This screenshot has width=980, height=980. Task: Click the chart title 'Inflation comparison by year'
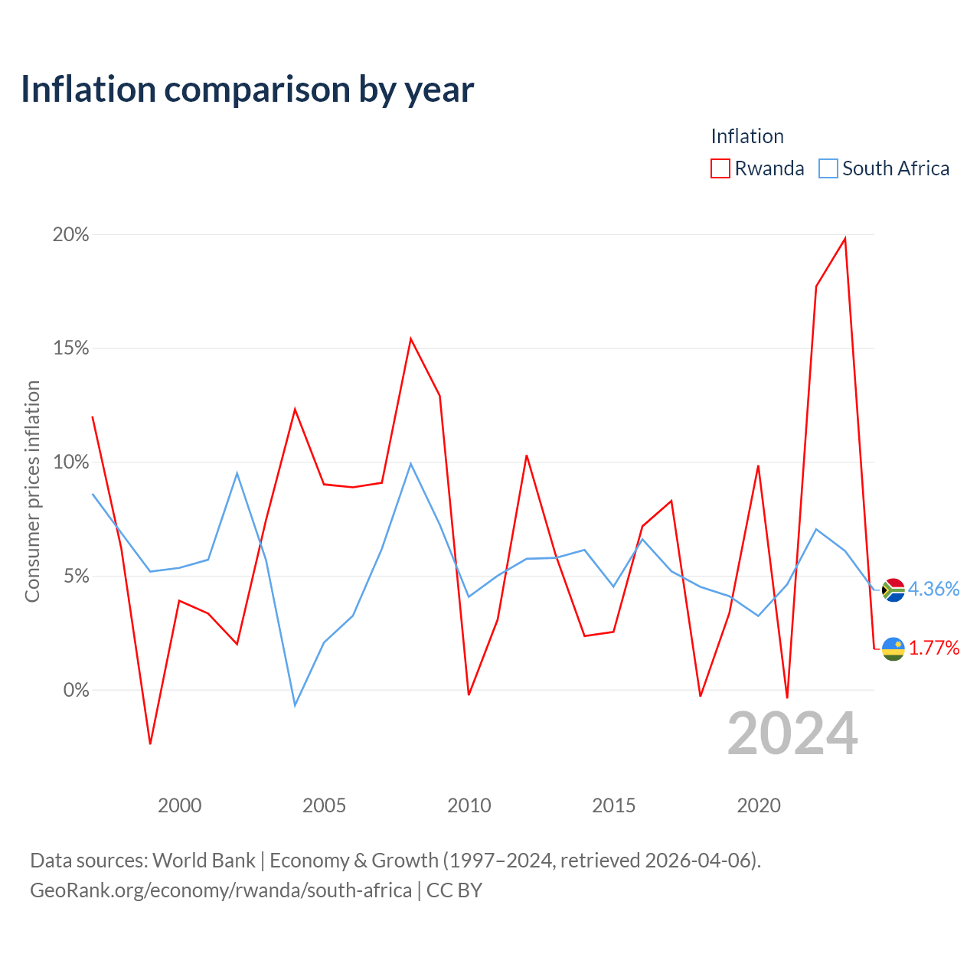tap(247, 90)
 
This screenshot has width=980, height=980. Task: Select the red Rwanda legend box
tap(720, 168)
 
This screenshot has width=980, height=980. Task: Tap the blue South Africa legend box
tap(828, 168)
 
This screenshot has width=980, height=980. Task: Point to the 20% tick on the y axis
tap(70, 234)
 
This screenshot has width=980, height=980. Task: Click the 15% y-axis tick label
tap(70, 348)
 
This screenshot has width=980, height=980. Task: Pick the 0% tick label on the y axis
tap(77, 690)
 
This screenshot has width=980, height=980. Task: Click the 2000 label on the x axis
tap(179, 805)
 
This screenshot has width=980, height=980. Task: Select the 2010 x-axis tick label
tap(469, 805)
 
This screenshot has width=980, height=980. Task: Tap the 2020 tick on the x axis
tap(758, 805)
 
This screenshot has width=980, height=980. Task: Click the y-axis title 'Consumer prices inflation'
tap(33, 492)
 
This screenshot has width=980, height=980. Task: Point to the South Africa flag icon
tap(893, 590)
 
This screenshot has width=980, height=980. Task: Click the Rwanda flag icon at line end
tap(893, 648)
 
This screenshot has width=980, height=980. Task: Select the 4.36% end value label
tap(933, 589)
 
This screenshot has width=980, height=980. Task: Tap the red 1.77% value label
tap(934, 648)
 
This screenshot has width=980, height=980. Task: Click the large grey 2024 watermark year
tap(792, 733)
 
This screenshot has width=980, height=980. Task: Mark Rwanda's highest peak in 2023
tap(844, 238)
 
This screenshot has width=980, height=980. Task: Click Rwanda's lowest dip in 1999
tap(150, 743)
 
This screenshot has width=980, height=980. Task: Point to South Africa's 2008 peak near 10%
tap(410, 464)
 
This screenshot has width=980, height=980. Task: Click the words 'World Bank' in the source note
tap(204, 861)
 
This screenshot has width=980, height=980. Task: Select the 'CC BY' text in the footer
tap(454, 890)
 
